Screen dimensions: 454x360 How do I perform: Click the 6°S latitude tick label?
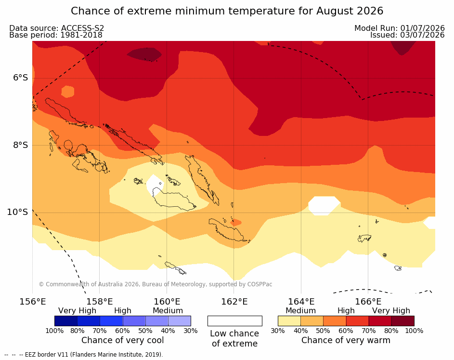(21, 78)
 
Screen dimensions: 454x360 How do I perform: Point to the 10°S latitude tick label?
(18, 212)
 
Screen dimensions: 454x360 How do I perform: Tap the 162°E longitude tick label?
(234, 302)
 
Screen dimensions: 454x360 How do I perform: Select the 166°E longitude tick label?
(368, 302)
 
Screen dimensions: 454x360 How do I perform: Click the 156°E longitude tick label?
(32, 302)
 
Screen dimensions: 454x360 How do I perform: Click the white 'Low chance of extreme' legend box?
(235, 321)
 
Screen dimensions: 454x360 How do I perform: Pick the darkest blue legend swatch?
(66, 321)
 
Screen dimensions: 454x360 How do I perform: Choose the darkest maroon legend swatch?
(403, 321)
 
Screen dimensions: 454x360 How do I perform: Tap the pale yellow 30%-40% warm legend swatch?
(289, 321)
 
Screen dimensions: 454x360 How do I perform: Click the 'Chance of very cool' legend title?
(122, 340)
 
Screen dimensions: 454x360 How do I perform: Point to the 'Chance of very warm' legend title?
(346, 340)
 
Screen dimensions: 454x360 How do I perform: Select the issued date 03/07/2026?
(422, 35)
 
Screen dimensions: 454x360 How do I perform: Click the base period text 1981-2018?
(81, 35)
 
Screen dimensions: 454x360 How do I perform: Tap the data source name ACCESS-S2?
(82, 28)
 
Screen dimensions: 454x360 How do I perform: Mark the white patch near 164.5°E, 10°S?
(324, 205)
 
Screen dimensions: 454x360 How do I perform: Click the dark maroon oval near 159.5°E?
(144, 54)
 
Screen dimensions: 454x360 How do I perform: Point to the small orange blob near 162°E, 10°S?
(236, 222)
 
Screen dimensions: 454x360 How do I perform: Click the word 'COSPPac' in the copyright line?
(259, 284)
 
